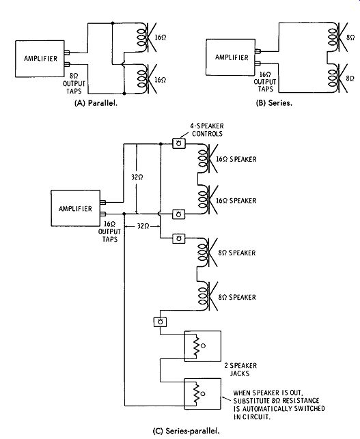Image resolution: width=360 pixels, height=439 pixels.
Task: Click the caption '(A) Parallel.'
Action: tap(96, 103)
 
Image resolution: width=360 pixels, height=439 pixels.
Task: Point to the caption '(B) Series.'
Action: tap(274, 102)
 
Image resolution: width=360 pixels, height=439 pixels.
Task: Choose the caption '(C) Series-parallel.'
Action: tap(186, 431)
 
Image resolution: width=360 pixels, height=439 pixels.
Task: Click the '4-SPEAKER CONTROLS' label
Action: tap(207, 130)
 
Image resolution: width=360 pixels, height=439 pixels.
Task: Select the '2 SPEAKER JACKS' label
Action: tap(240, 369)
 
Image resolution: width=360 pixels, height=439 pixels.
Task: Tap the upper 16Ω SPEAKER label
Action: tap(236, 159)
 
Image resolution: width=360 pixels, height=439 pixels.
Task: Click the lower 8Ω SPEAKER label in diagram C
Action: tap(237, 297)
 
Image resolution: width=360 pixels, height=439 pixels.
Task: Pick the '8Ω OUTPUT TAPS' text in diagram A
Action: tap(74, 83)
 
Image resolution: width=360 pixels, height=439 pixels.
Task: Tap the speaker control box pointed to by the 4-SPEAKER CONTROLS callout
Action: tap(179, 143)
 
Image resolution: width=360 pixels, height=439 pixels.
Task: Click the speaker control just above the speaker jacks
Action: tap(161, 322)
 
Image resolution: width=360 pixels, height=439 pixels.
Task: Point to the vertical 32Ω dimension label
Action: tap(137, 177)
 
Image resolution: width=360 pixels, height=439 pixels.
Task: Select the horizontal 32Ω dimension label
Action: tap(143, 226)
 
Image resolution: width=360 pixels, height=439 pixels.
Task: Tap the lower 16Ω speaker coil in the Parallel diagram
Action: tap(143, 80)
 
